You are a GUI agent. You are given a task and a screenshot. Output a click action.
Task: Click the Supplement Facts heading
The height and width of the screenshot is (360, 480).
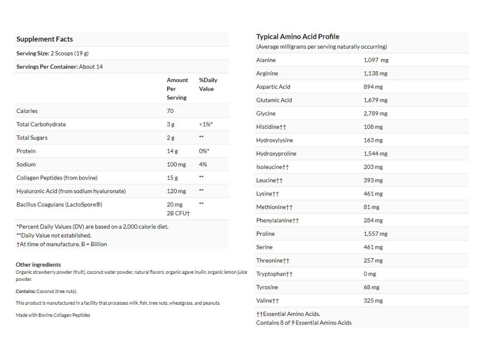click(45, 39)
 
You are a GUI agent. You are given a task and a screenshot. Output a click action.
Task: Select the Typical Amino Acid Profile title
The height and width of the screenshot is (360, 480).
click(298, 37)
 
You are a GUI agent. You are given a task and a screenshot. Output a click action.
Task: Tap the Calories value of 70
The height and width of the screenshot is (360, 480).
click(170, 111)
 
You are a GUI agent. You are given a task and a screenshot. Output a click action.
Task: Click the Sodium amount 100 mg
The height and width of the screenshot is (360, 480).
click(176, 165)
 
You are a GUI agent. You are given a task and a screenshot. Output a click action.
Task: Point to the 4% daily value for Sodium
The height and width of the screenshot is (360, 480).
click(203, 165)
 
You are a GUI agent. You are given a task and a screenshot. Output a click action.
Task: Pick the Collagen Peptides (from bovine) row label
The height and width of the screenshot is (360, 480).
click(57, 178)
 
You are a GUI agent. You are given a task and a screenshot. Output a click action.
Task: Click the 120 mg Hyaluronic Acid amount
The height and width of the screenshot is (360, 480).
click(176, 191)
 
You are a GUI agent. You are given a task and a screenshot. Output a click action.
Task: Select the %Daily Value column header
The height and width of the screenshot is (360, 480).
click(208, 84)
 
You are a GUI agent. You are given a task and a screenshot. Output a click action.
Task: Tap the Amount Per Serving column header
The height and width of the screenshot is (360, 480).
click(177, 89)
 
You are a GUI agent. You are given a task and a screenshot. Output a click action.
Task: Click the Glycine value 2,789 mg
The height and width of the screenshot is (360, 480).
click(375, 113)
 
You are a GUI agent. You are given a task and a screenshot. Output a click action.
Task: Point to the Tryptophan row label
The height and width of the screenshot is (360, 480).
click(274, 274)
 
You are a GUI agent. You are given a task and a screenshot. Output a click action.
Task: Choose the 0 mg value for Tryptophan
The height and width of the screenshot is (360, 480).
click(370, 274)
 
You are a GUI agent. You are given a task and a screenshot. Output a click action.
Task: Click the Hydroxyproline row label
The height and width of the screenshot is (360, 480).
click(276, 154)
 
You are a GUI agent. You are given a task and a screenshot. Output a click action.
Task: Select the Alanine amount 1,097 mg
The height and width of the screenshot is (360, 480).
click(376, 60)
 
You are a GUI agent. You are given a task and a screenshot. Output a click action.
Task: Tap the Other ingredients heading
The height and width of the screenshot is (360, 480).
click(38, 264)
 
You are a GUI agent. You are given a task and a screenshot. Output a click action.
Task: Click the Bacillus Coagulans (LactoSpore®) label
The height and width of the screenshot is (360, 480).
click(59, 204)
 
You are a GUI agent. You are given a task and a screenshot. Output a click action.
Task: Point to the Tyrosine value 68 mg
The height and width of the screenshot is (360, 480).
click(371, 287)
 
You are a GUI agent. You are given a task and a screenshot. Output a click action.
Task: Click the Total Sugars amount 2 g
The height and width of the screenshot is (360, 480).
click(171, 138)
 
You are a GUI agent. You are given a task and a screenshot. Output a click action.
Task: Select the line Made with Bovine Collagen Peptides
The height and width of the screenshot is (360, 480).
click(53, 315)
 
